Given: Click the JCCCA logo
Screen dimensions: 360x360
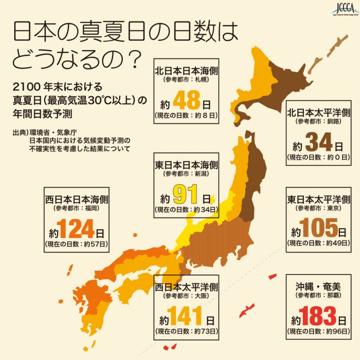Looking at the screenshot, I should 345,9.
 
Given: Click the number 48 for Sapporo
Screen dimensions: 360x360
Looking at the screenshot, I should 186,101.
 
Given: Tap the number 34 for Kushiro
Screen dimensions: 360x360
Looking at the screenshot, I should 319,143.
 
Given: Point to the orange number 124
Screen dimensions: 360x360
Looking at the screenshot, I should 76,229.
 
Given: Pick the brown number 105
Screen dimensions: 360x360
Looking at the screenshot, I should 319,228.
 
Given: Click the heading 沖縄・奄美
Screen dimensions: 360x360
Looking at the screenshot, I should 319,287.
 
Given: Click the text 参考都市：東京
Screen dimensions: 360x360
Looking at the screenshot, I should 319,208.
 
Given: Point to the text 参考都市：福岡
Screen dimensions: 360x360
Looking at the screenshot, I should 76,208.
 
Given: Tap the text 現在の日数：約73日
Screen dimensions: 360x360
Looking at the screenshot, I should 186,331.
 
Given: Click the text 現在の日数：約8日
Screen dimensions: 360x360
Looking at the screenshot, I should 186,115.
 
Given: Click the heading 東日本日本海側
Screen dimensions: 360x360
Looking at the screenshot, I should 186,165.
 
